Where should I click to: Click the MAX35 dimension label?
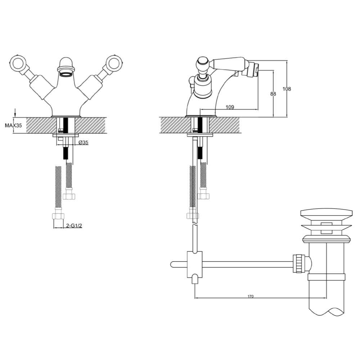coord(13,126)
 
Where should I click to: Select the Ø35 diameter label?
coord(84,143)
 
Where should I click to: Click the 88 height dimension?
coord(273,94)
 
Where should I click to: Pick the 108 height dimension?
coord(287,89)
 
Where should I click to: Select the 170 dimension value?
coord(251,296)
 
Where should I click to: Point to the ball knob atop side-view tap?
coord(202,65)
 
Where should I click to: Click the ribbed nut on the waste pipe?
coord(299,264)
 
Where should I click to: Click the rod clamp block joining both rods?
coord(194,264)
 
